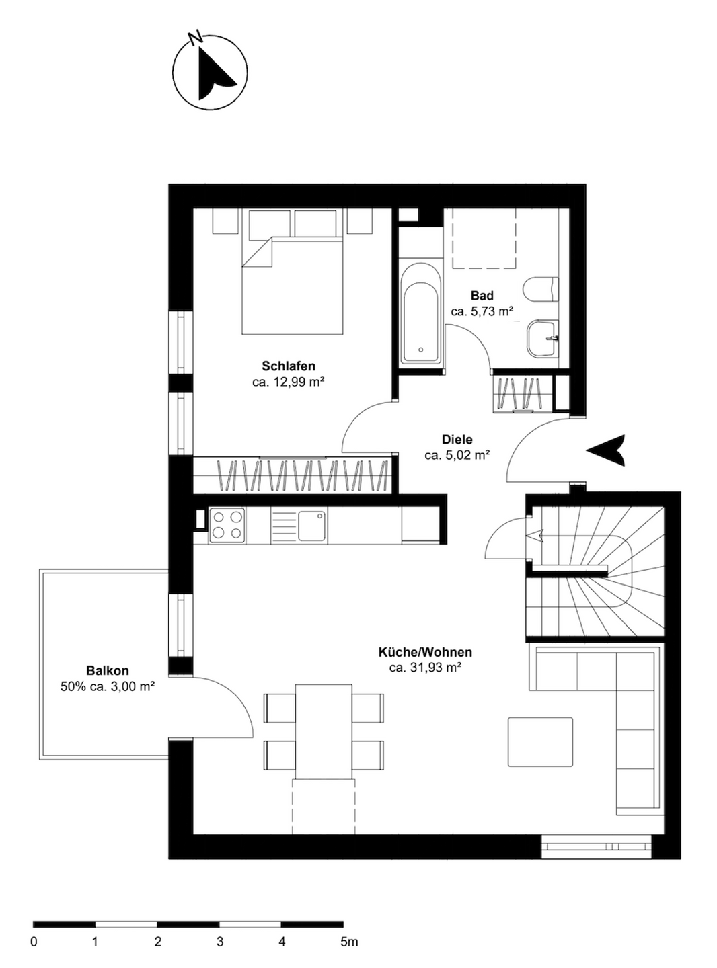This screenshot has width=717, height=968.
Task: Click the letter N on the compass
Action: [x=196, y=37]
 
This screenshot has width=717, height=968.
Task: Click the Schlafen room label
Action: [x=288, y=365]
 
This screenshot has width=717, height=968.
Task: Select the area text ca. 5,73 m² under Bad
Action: [x=482, y=312]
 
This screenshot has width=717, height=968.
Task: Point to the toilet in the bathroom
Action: [x=541, y=289]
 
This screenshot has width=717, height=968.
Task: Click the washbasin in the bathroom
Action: [x=543, y=339]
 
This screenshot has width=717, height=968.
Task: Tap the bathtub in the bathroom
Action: [x=421, y=313]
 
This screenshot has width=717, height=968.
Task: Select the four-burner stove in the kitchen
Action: [x=227, y=526]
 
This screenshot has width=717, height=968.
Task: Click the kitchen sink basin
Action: [x=312, y=526]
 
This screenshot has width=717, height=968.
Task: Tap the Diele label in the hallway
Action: [x=457, y=440]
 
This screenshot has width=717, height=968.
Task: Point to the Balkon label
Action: [x=108, y=670]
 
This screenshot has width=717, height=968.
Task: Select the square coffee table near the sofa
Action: [x=540, y=741]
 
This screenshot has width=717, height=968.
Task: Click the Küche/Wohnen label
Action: [x=425, y=653]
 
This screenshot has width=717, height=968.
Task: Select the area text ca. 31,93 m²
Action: [x=425, y=668]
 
